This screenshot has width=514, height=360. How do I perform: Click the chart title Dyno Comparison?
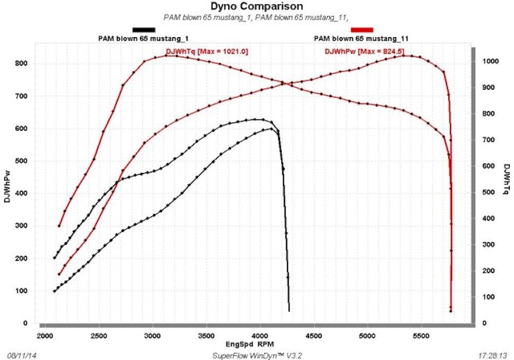[257, 6]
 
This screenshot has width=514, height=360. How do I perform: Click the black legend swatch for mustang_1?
[144, 30]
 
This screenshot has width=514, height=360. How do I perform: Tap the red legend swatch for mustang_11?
[362, 30]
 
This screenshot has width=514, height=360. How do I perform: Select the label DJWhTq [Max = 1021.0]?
[207, 51]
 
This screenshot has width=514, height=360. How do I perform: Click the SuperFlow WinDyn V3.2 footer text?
[257, 355]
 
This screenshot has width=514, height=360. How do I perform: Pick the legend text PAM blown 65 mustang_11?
[361, 38]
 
